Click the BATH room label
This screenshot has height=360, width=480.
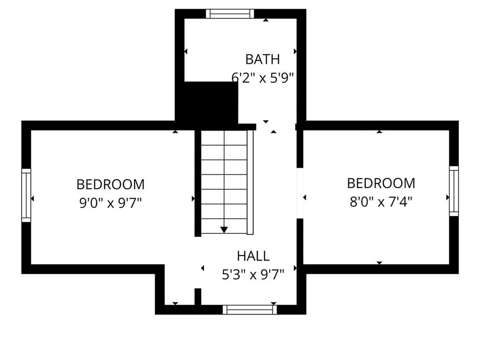[x=262, y=60]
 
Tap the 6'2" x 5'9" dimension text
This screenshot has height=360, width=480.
[x=262, y=77]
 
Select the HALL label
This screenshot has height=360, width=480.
[x=253, y=256]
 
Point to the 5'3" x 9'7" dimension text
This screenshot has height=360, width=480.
[x=253, y=274]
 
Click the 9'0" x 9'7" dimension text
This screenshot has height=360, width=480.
[x=111, y=203]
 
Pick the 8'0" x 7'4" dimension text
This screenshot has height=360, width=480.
[x=381, y=202]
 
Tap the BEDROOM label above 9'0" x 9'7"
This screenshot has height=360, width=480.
[x=111, y=184]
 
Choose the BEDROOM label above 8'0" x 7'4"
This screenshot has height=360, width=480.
[x=381, y=183]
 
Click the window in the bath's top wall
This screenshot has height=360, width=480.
[x=230, y=14]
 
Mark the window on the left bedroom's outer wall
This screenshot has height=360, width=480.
[x=26, y=195]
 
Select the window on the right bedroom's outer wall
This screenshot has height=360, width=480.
[x=454, y=191]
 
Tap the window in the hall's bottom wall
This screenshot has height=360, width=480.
[x=249, y=309]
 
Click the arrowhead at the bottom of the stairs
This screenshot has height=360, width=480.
[x=224, y=229]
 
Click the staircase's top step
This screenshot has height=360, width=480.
[x=224, y=138]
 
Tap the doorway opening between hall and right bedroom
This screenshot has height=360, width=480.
[x=300, y=193]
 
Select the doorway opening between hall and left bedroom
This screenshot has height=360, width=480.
[x=198, y=262]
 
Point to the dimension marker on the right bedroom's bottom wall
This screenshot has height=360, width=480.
[x=380, y=263]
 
